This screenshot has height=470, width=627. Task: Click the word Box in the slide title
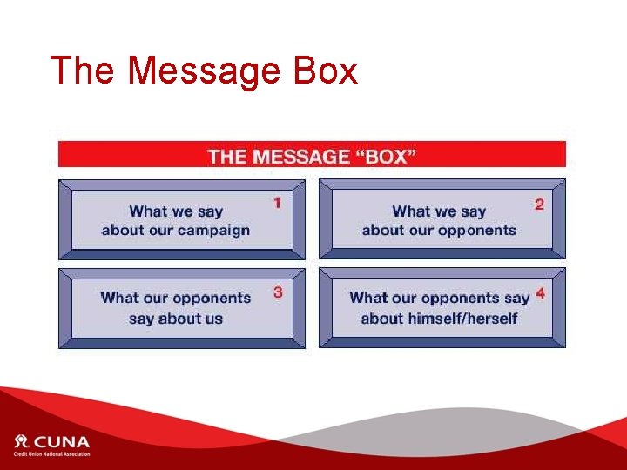point(326,70)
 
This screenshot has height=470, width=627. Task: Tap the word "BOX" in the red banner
point(385,157)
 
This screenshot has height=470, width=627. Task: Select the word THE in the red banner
point(227,157)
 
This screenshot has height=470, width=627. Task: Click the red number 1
point(277,203)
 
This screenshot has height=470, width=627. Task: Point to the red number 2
point(540,205)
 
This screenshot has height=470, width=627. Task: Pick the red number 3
point(278,292)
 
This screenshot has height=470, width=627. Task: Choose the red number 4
point(541,294)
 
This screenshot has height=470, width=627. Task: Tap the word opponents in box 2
point(476,231)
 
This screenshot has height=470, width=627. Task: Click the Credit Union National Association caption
point(51,453)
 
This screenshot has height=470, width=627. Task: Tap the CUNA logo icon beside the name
point(21,440)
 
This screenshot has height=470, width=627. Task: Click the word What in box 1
point(147,211)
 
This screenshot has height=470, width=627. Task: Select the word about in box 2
point(384,231)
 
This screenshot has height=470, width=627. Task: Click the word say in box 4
point(516,298)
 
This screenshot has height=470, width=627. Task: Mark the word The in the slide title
point(80,70)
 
